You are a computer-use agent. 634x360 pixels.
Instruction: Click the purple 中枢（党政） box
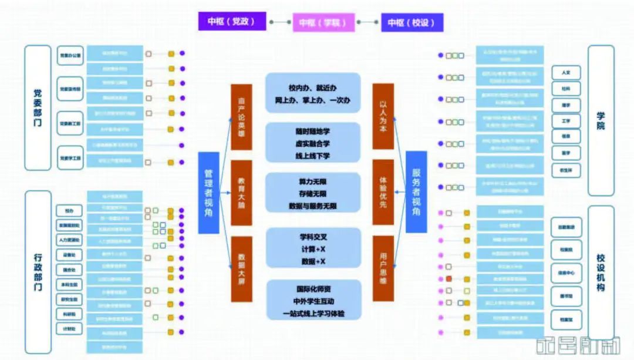click(x=231, y=21)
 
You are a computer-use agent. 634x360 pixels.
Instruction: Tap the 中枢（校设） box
click(x=411, y=22)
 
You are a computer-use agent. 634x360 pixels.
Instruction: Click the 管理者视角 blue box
click(x=208, y=193)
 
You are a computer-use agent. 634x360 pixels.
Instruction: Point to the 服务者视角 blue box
click(x=416, y=193)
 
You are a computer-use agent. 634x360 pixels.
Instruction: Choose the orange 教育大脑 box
click(x=241, y=193)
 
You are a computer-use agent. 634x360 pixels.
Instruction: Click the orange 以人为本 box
click(x=383, y=116)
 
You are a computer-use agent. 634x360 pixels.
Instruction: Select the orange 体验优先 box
click(x=383, y=192)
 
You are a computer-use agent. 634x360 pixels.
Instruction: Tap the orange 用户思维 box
click(x=383, y=268)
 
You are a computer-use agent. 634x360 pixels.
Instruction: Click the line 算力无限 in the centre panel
click(x=313, y=181)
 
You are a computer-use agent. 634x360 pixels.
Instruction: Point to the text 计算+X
click(x=313, y=250)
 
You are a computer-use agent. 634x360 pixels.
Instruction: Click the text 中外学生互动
click(x=313, y=302)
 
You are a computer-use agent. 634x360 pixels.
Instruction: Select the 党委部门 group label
click(x=38, y=107)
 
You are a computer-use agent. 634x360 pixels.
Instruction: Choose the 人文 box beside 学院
click(x=566, y=73)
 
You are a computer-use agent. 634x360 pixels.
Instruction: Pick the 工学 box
click(x=566, y=121)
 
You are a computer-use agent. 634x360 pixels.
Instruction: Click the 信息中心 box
click(x=566, y=273)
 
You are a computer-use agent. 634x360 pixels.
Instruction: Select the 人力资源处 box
click(x=70, y=240)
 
